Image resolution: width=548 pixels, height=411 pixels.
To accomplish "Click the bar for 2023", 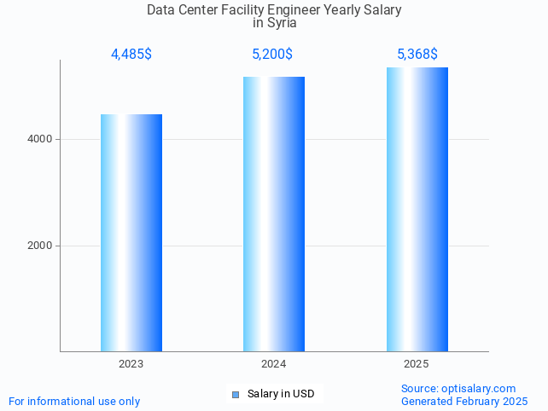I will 131,233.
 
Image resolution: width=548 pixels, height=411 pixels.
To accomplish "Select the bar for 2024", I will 274,214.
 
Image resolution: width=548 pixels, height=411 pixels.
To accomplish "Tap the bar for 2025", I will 417,209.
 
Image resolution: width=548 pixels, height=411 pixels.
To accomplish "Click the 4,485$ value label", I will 131,55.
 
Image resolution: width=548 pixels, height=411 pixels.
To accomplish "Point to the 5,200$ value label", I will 273,55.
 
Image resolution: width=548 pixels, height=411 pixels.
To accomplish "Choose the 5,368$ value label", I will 417,55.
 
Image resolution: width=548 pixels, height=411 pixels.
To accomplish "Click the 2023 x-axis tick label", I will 131,364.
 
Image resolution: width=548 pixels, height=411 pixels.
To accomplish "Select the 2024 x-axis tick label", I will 274,364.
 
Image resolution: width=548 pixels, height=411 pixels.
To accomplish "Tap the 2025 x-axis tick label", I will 417,364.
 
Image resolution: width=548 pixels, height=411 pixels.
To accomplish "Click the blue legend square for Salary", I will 236,394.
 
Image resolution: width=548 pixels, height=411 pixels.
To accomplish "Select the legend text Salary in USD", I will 281,394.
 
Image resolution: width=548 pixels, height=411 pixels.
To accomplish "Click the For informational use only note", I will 74,401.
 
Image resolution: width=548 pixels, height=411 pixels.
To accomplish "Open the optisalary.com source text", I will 458,388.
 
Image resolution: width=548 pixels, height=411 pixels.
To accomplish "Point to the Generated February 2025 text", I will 464,401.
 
